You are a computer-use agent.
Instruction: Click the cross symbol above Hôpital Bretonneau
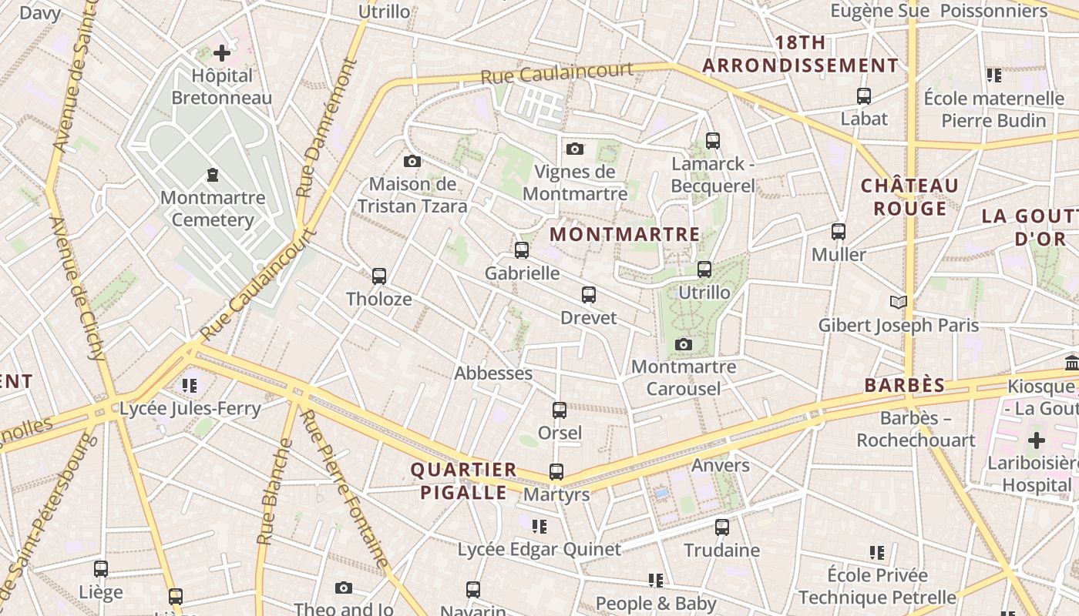(x=222, y=53)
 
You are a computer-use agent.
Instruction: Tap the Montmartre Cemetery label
(x=213, y=209)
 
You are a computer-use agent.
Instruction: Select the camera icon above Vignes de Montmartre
(x=574, y=149)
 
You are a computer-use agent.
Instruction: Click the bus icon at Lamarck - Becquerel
(x=713, y=141)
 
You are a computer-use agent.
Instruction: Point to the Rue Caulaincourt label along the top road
(x=557, y=74)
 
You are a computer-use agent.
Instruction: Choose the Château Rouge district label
(x=909, y=197)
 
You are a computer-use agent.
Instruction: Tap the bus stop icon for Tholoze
(x=378, y=276)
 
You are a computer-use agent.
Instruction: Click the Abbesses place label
(x=493, y=373)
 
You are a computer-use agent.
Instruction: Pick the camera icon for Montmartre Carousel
(x=683, y=344)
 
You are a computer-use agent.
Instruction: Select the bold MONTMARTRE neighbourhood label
(x=625, y=234)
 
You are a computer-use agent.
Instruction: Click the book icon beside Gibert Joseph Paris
(x=898, y=302)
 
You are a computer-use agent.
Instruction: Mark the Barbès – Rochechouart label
(x=916, y=430)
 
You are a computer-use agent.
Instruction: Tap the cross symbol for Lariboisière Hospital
(x=1037, y=440)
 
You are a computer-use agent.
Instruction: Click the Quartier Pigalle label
(x=463, y=480)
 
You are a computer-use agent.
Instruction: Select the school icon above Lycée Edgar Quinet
(x=539, y=527)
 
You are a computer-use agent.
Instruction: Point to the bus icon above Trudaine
(x=722, y=527)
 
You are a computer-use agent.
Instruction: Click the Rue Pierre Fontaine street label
(x=344, y=489)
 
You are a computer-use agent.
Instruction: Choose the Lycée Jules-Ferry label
(x=190, y=409)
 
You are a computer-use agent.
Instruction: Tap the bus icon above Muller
(x=839, y=231)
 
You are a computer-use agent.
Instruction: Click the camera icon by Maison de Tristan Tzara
(x=412, y=161)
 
